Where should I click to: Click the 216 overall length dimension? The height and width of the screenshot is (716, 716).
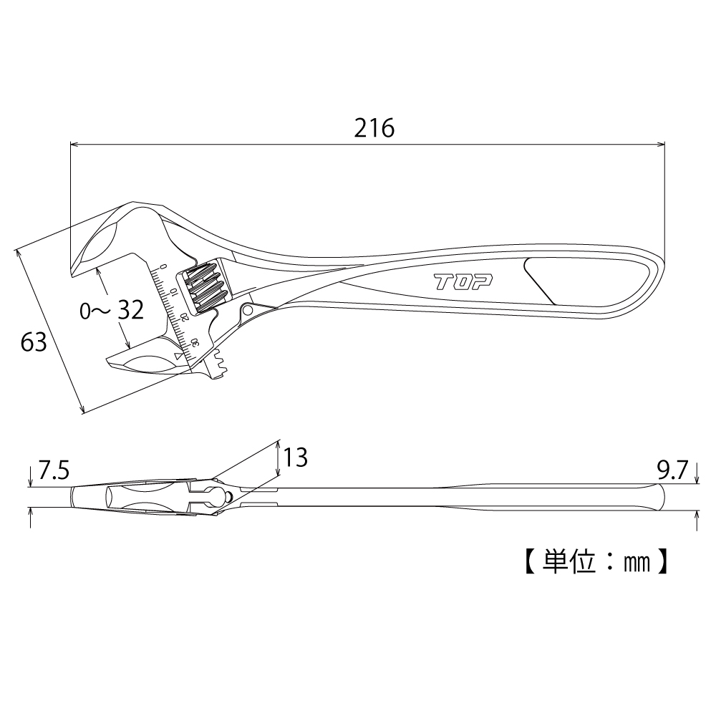coord(374,128)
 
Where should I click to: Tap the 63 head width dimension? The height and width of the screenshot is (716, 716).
coord(34,342)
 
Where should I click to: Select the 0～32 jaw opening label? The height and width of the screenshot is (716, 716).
coord(112,310)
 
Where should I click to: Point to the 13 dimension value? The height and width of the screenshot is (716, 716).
coord(296,457)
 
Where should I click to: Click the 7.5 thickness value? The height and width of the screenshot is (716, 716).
coord(54,470)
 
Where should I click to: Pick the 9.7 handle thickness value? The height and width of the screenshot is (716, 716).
coord(672,470)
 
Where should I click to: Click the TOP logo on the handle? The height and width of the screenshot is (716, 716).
coord(463,282)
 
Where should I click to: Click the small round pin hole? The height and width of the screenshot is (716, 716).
coord(248,311)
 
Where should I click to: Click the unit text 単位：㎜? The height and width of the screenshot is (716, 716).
coord(596,561)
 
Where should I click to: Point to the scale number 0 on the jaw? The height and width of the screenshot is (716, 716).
coord(164,266)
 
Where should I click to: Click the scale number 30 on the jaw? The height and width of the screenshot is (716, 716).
coord(195,344)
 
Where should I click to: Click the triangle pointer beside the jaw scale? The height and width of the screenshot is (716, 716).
coord(178,356)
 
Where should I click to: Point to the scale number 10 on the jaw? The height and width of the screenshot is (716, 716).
coord(174,292)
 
